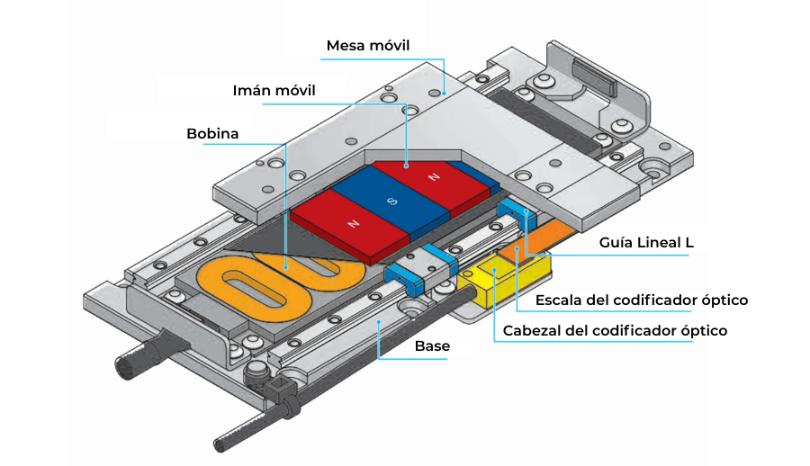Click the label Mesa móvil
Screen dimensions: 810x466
pyautogui.click(x=368, y=46)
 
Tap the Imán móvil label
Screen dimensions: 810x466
pyautogui.click(x=274, y=90)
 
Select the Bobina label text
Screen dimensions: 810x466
pyautogui.click(x=212, y=133)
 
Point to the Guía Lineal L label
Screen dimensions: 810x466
pyautogui.click(x=646, y=242)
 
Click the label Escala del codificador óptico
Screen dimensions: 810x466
pyautogui.click(x=642, y=300)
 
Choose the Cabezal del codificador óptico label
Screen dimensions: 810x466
pyautogui.click(x=615, y=330)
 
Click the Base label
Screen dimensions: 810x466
pyautogui.click(x=432, y=345)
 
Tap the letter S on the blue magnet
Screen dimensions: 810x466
pyautogui.click(x=392, y=201)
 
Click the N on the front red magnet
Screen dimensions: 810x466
pyautogui.click(x=354, y=224)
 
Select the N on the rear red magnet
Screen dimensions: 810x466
pyautogui.click(x=434, y=177)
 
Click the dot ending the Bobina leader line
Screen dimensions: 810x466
pyautogui.click(x=285, y=267)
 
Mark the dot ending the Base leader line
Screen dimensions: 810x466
pyautogui.click(x=379, y=322)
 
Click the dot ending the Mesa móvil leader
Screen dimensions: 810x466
pyautogui.click(x=445, y=94)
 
